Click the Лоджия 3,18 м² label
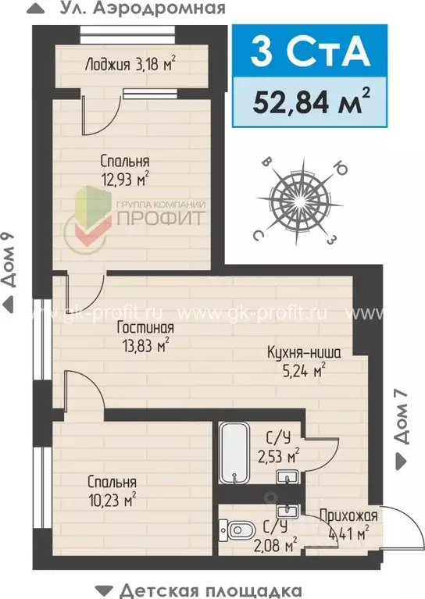(129, 64)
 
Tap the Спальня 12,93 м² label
(124, 170)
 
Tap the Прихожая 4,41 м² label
(348, 524)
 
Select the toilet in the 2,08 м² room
(239, 531)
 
